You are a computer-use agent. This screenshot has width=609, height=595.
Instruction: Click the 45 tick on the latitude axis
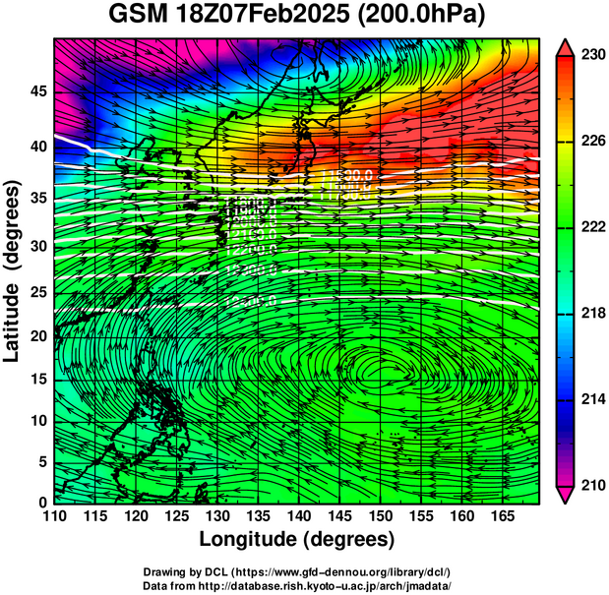(37, 91)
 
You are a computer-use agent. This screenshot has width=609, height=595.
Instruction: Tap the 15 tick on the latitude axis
(37, 379)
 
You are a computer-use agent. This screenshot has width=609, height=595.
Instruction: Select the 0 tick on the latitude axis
(41, 502)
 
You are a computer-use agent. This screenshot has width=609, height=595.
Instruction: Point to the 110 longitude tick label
(54, 516)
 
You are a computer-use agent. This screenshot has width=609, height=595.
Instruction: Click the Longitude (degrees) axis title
(297, 539)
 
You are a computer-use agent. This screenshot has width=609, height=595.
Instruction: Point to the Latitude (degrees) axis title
(13, 270)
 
